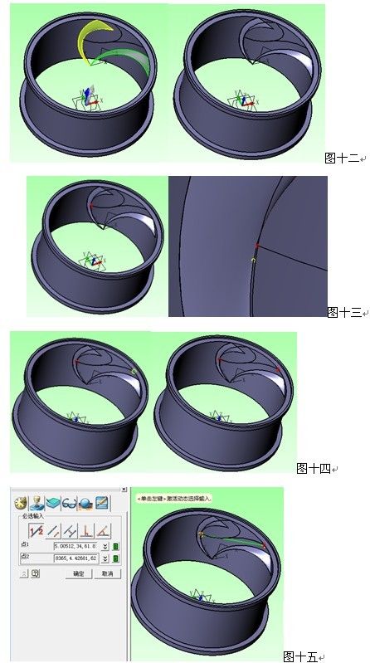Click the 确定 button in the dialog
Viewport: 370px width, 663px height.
click(78, 573)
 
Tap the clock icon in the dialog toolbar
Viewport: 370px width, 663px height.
click(21, 502)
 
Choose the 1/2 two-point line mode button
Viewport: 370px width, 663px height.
click(36, 529)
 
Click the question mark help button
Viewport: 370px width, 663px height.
click(35, 573)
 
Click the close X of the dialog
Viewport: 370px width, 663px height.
click(124, 490)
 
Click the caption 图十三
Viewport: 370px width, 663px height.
click(343, 313)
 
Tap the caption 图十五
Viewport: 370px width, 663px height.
click(299, 656)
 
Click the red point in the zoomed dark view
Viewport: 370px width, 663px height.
click(257, 246)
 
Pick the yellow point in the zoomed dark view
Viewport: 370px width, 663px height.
click(253, 260)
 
